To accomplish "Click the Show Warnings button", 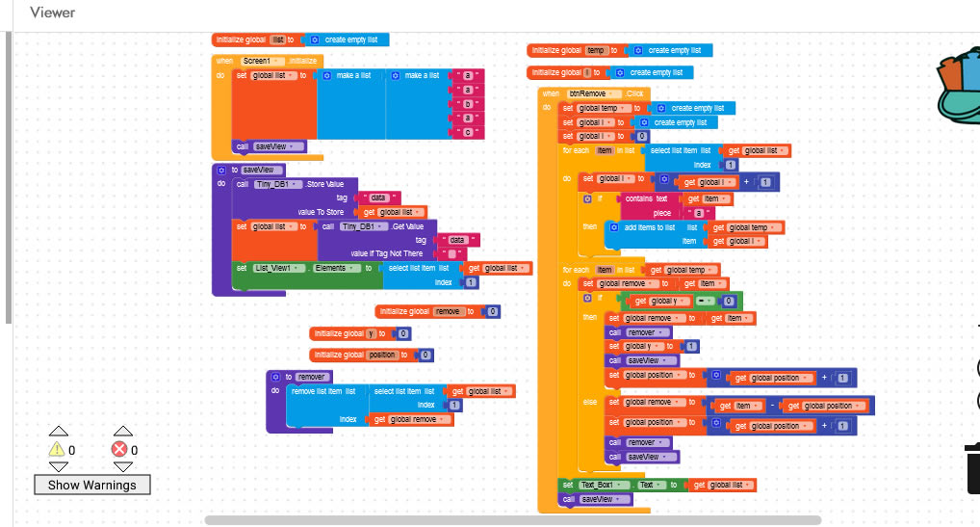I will click(x=92, y=485).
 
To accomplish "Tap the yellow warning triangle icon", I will click(x=57, y=449).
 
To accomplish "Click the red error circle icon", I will click(x=119, y=449).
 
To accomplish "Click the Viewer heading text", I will click(x=52, y=13).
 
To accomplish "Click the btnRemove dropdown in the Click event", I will click(x=593, y=92).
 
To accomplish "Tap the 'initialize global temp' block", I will click(x=558, y=49).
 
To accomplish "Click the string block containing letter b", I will click(x=467, y=103).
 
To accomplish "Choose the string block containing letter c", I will click(x=467, y=131).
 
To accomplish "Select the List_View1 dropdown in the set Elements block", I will click(x=280, y=268).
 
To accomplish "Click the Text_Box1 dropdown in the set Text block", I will click(x=605, y=485).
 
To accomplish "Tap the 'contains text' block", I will click(x=647, y=198).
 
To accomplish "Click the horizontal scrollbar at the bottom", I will click(x=511, y=520).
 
